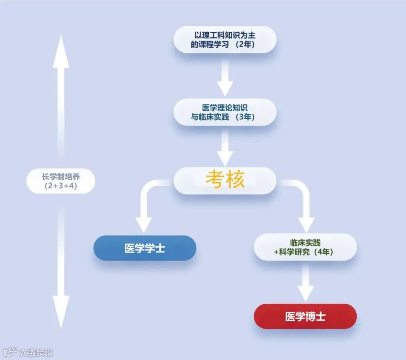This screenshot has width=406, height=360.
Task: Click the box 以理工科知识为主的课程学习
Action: [x=224, y=39]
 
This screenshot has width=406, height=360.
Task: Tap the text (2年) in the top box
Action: [x=245, y=44]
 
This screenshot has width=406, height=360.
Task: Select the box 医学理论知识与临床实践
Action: [x=224, y=112]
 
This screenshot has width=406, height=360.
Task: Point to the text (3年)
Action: [x=245, y=117]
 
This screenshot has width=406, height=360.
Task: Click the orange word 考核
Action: [x=225, y=180]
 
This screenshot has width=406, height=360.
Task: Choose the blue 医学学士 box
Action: [x=145, y=248]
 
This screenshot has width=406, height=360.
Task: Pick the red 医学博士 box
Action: [x=305, y=316]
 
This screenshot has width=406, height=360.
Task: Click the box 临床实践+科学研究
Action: [x=305, y=247]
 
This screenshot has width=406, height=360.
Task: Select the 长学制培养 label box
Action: [x=61, y=181]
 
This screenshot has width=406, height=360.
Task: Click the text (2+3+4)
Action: [x=61, y=186]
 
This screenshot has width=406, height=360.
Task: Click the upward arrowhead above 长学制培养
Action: [x=61, y=53]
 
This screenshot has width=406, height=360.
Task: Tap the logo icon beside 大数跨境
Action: [x=11, y=352]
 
